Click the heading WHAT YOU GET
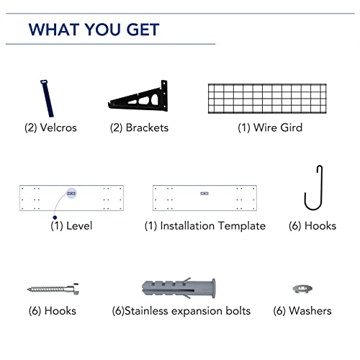tap(94, 30)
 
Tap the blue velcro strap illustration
tap(48, 98)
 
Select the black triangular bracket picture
tap(140, 97)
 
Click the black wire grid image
tap(280, 98)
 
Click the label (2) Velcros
tap(50, 128)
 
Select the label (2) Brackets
tap(139, 128)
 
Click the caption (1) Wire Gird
tap(269, 128)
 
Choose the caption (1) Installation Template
tap(204, 226)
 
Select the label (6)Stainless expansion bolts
tap(181, 311)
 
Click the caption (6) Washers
tap(302, 311)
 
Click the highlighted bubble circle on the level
tap(71, 194)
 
